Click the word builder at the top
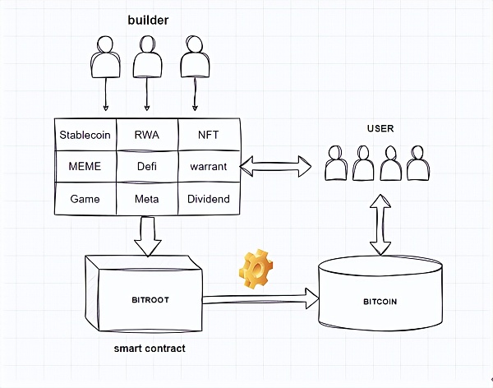(148, 19)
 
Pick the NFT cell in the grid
(209, 134)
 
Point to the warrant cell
(209, 166)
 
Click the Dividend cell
(209, 199)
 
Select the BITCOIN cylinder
(380, 301)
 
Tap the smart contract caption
(150, 349)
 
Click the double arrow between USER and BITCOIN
(380, 224)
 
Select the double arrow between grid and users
(275, 167)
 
